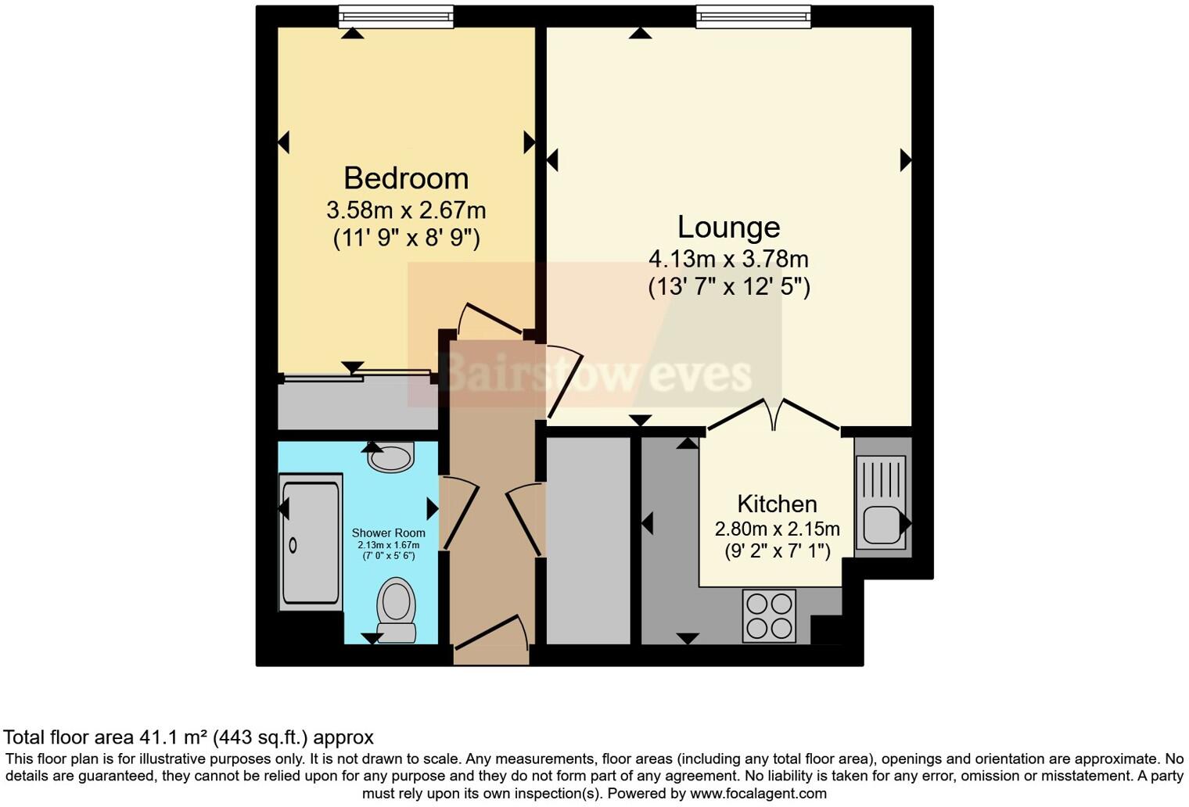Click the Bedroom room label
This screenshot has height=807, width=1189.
click(406, 178)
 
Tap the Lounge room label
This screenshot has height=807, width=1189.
click(728, 227)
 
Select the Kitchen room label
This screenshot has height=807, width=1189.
click(777, 504)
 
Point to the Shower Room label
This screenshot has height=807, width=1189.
click(388, 533)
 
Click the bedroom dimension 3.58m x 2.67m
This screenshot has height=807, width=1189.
click(406, 210)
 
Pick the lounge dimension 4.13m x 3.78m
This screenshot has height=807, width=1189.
click(728, 259)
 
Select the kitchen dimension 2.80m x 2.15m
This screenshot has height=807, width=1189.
click(777, 529)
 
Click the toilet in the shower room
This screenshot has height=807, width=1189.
click(397, 609)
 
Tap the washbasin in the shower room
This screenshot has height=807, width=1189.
click(391, 457)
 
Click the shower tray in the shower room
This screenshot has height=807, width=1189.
click(311, 543)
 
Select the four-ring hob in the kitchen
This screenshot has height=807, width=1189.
click(769, 615)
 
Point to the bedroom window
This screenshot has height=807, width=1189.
click(396, 16)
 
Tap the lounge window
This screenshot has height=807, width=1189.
click(753, 16)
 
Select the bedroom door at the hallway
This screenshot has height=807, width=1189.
click(490, 317)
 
